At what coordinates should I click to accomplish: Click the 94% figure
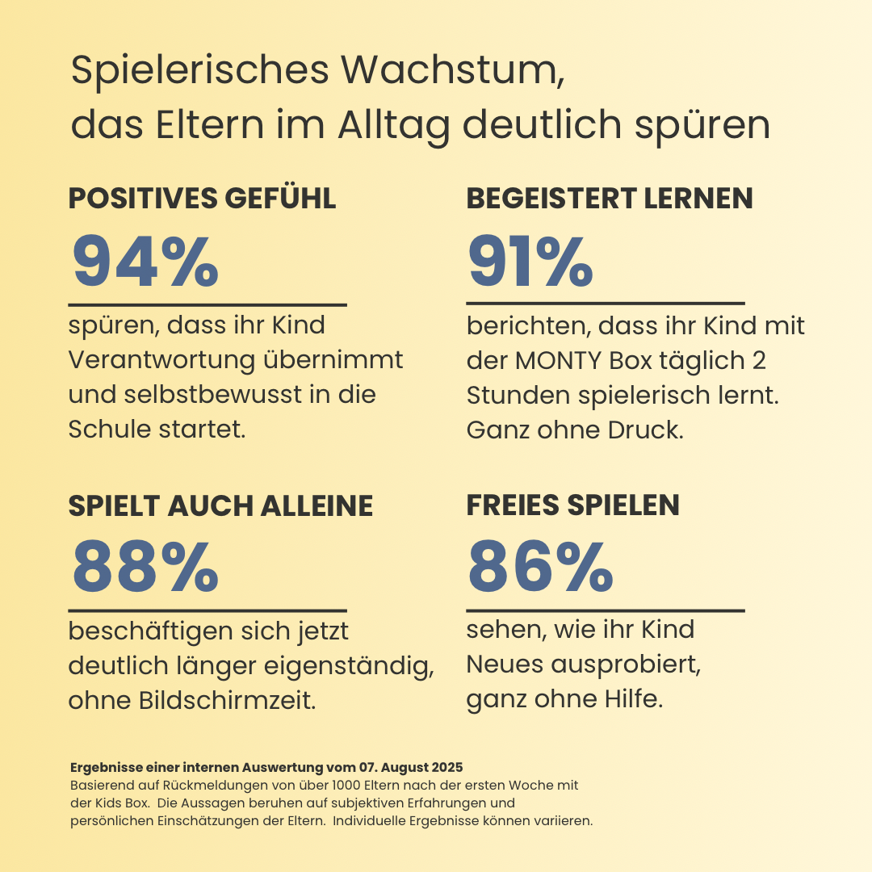coord(145,262)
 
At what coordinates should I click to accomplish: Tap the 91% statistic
coord(530,262)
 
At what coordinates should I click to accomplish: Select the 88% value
coord(145,567)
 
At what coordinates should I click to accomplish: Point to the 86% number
coord(540,567)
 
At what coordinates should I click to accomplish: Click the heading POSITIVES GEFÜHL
coord(202,199)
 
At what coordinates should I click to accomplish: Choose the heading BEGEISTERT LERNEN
coord(610,199)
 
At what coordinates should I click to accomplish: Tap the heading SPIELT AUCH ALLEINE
coord(220,505)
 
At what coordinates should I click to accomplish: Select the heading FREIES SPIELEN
coord(573,505)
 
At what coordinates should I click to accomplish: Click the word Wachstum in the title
coord(448,71)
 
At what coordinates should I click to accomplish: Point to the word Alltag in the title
coord(393,125)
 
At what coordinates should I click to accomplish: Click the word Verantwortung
coord(161,360)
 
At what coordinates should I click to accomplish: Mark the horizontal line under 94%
coord(208,305)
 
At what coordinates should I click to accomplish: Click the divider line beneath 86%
coord(606,611)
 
